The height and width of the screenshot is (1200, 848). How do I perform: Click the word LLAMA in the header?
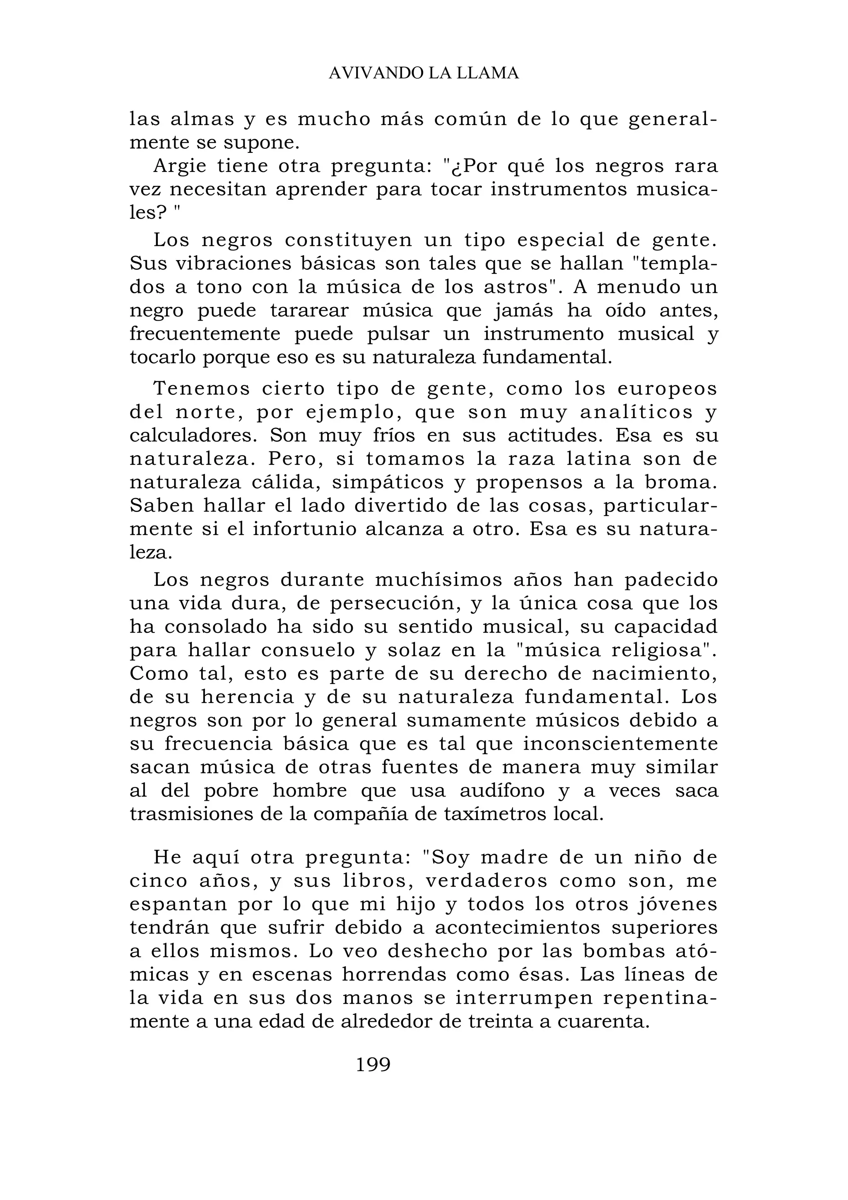point(489,73)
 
